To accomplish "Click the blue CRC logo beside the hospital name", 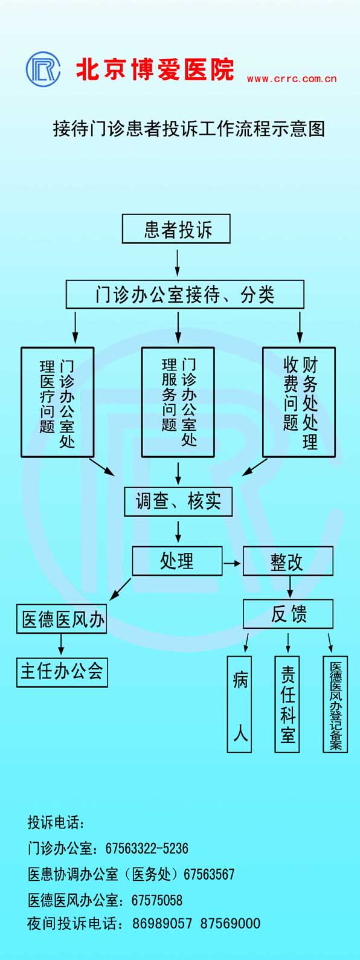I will [43, 69].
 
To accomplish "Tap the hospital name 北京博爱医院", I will [155, 69].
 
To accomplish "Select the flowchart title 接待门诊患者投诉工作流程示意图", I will [189, 129].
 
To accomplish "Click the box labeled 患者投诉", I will [176, 229].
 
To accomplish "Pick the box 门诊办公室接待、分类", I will [184, 294].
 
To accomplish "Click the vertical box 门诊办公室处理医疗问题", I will [57, 402].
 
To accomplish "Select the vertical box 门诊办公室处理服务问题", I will [178, 402].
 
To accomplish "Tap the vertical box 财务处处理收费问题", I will [299, 402].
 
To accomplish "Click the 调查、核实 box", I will [178, 501].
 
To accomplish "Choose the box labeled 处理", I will [177, 561].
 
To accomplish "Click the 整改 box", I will [288, 561].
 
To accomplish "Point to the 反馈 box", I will [288, 614].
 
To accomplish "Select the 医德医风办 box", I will [62, 619].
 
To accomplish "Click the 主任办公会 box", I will [62, 672].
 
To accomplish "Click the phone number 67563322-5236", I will [147, 848].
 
